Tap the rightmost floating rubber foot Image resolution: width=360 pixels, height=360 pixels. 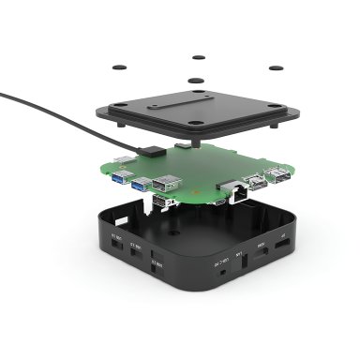277,67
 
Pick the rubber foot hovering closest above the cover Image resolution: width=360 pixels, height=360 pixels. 197,82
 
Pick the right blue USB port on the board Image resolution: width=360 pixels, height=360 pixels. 140,185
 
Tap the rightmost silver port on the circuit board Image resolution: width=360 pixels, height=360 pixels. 278,174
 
